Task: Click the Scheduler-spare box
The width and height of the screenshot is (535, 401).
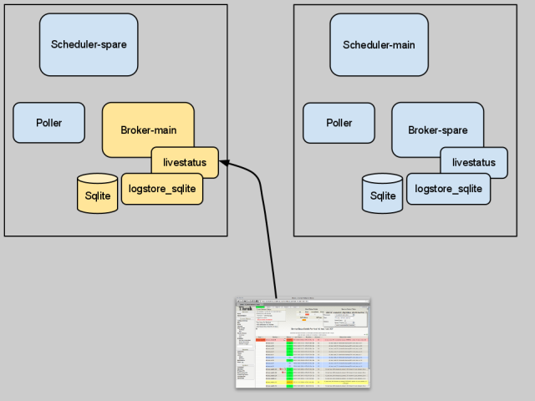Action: pos(89,44)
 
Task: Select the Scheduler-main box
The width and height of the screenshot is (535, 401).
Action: pos(379,44)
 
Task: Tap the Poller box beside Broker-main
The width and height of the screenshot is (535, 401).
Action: pos(48,123)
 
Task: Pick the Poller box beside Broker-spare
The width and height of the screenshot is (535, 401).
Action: pos(339,123)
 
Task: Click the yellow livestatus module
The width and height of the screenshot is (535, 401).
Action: pos(185,162)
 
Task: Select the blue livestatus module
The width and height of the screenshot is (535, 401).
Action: pos(474,162)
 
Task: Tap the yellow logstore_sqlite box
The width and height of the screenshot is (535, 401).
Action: pos(162,189)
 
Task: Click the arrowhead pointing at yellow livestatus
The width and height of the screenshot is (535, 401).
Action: pos(225,164)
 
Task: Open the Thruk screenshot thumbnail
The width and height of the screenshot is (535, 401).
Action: pos(302,343)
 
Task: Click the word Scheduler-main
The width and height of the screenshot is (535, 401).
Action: pos(379,44)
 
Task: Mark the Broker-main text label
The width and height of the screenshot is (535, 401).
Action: pos(147,130)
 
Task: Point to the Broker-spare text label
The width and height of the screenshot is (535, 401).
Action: pos(437,130)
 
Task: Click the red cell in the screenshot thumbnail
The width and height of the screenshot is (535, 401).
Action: pos(260,340)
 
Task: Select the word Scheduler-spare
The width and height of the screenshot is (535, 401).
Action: pos(89,44)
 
